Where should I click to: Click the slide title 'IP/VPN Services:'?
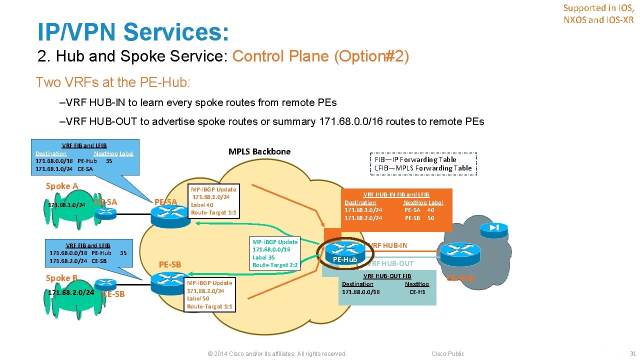(133, 32)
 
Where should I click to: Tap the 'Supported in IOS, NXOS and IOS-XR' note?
(598, 14)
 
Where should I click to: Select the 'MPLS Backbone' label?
(259, 151)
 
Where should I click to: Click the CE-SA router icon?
(106, 212)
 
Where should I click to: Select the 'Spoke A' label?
(62, 186)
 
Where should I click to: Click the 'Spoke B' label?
(61, 278)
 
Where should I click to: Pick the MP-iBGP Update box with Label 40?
(213, 201)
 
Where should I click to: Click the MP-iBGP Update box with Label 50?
(209, 294)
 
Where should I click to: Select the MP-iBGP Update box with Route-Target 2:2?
(275, 253)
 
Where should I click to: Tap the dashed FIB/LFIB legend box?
(423, 164)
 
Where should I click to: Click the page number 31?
(632, 353)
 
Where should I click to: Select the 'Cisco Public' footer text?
(447, 354)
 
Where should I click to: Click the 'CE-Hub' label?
(460, 278)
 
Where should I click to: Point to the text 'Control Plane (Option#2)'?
(320, 56)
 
